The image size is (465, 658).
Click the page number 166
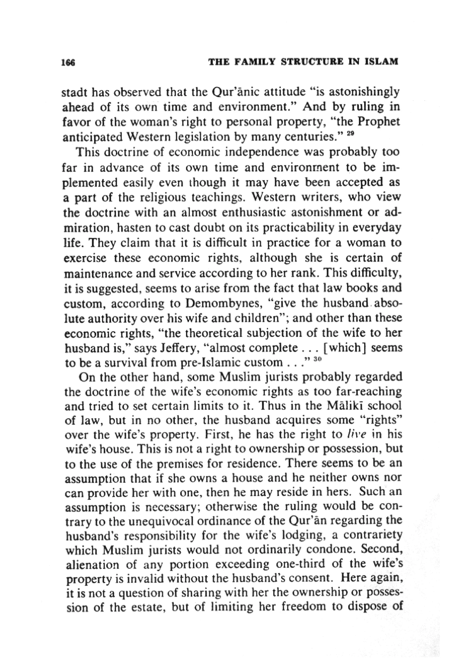click(68, 62)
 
